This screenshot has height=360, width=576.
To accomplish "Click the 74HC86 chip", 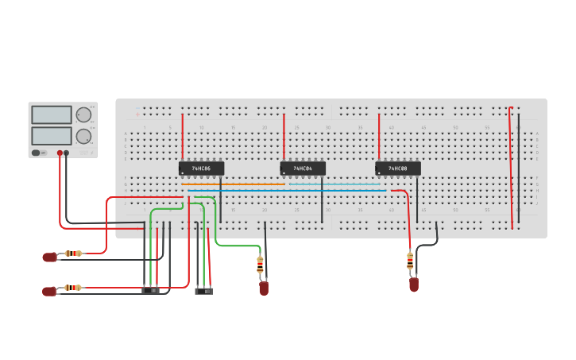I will pos(201,168).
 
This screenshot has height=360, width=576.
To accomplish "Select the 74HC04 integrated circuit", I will pos(303,168).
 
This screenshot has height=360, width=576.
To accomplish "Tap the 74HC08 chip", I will pos(398,168).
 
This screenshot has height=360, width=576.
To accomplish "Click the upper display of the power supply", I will pos(52,115).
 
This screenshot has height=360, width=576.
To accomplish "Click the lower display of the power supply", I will pos(52,136).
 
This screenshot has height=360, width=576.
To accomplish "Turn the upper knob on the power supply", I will pos(83,115).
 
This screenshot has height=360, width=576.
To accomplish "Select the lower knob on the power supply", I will pos(83,136).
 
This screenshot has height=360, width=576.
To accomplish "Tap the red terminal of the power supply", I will pos(60,153).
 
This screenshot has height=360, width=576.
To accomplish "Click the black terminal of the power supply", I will pos(67,153).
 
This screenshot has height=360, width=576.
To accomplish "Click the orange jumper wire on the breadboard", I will pos(233,184).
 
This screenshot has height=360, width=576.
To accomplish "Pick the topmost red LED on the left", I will pos(49,257).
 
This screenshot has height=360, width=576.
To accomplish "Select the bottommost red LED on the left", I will pos(49,291).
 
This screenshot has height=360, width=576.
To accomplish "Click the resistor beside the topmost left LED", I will pos(73,254).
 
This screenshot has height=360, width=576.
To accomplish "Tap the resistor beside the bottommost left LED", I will pos(73,288).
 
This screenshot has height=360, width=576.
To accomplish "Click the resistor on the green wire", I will pos(260,265).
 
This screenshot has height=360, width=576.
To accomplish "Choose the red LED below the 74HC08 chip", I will pos(414,285).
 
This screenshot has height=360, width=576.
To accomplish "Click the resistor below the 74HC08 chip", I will pos(410,260).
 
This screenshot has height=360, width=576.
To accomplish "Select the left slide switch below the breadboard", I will pos(150,291).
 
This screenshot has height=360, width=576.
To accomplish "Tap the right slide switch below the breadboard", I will pos(204,292).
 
